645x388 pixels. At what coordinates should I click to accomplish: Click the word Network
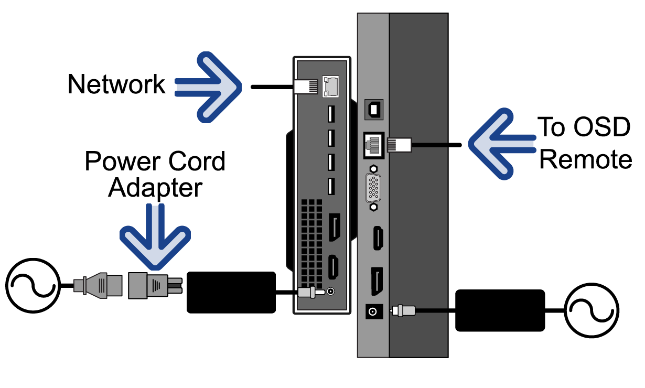[116, 84]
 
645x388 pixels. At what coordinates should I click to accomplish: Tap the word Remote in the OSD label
[585, 159]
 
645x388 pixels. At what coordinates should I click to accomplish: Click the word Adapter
[155, 187]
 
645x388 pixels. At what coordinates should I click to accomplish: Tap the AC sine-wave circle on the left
[31, 286]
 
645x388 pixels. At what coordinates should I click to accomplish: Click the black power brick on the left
[231, 292]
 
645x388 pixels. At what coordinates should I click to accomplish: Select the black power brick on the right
[500, 310]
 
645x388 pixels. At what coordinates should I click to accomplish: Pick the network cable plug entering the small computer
[305, 87]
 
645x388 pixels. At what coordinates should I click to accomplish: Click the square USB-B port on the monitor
[374, 110]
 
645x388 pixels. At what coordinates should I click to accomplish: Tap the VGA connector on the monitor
[373, 188]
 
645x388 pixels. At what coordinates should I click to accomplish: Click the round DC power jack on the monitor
[373, 312]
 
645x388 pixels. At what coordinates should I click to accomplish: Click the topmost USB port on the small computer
[331, 114]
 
